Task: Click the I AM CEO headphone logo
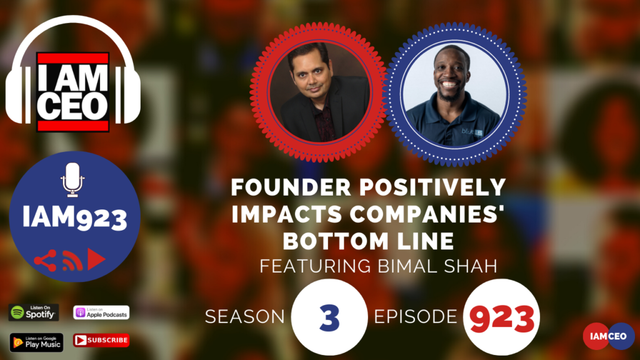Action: point(73,74)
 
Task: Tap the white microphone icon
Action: point(72,179)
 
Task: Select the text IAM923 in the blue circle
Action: point(75,216)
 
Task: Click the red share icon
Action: point(45,261)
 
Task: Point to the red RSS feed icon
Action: point(72,261)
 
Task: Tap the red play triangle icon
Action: point(96,259)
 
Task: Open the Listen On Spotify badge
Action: point(34,312)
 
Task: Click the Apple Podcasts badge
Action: point(101,312)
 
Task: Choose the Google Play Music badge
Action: point(36,342)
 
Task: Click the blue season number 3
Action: point(329,318)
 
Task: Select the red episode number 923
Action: point(502,318)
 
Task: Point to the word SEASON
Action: point(245,317)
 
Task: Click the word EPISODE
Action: point(416,317)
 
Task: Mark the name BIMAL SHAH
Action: point(437,266)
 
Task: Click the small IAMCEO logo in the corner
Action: point(609,336)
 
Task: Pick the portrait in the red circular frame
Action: point(319,92)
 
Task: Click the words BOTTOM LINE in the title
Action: point(369,241)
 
